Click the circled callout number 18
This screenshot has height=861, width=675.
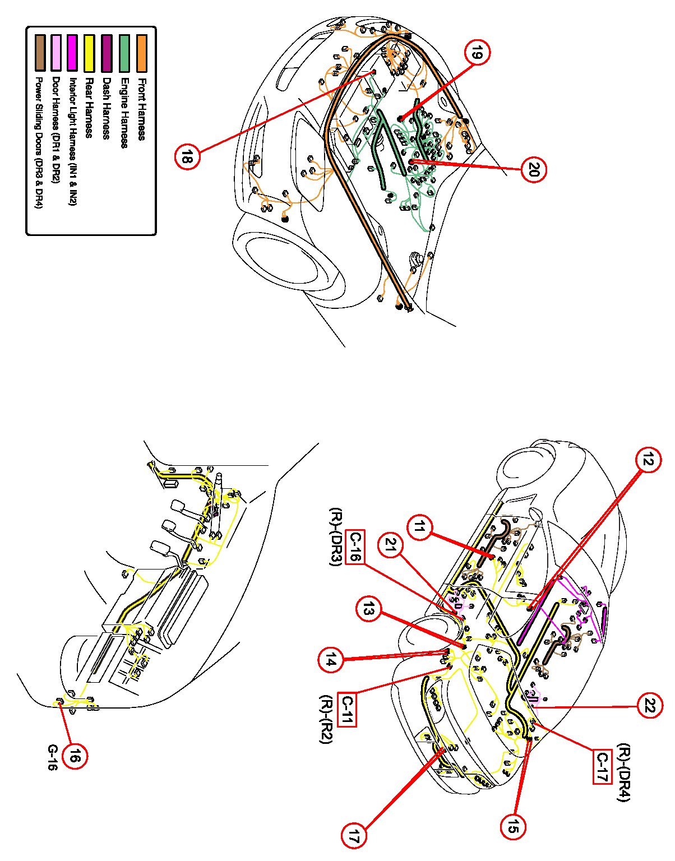[186, 156]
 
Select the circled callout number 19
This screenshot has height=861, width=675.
[477, 54]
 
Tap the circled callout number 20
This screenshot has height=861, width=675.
[533, 169]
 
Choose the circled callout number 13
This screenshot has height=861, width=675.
[368, 610]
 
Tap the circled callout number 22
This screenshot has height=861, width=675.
[650, 705]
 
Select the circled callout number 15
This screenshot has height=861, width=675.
[514, 826]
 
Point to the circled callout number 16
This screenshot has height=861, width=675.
[75, 757]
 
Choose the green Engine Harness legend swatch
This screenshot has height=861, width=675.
[125, 53]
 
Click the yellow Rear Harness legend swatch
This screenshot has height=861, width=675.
[88, 53]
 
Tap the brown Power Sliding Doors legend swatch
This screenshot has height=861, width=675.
[39, 53]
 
